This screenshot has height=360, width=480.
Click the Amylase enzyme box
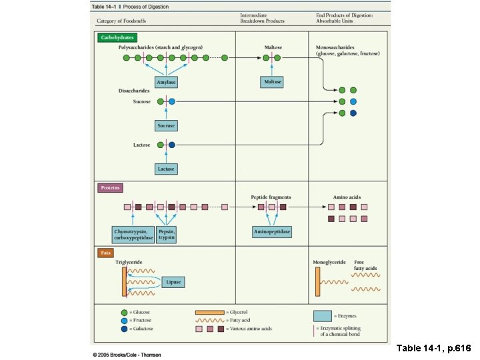click(x=165, y=82)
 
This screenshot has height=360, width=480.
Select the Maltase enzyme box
click(x=272, y=82)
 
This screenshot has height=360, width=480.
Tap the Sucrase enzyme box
click(x=165, y=125)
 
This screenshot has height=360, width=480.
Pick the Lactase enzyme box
click(x=165, y=169)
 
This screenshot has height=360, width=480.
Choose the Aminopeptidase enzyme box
click(x=272, y=232)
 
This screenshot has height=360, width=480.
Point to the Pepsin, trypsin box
click(x=167, y=234)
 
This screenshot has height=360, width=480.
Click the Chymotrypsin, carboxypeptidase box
click(x=133, y=234)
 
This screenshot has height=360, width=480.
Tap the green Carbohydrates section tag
click(x=117, y=38)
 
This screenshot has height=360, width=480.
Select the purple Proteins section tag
click(x=111, y=188)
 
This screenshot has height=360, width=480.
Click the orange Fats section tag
click(x=105, y=253)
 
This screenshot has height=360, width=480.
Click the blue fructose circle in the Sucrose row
click(x=172, y=101)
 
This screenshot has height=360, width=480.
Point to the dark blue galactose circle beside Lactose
click(x=172, y=145)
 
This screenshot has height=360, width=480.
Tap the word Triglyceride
click(x=129, y=263)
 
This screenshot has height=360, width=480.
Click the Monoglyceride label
click(x=329, y=263)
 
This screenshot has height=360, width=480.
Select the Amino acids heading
click(x=347, y=197)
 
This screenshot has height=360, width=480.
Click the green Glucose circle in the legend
click(x=124, y=312)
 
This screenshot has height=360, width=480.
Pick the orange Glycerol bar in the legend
click(x=209, y=312)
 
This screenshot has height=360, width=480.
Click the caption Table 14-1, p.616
click(x=434, y=348)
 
